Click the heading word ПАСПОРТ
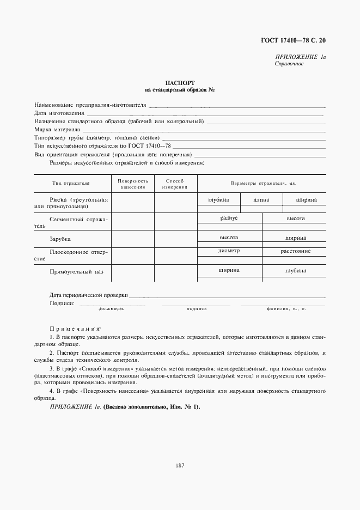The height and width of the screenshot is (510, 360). coord(180,83)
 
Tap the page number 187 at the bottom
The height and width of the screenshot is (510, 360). coord(180,465)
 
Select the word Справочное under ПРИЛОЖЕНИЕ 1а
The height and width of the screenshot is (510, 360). coord(289,64)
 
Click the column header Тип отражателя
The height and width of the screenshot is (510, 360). coord(71,184)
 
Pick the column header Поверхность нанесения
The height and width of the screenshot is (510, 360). coord(132,184)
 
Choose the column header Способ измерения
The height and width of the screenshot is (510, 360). coord(175,184)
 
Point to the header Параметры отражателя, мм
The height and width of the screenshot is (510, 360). coord(261,184)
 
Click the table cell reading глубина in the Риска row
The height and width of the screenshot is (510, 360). coord(219,200)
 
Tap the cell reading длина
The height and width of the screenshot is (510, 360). coord(262,200)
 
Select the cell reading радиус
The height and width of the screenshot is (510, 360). coord(229,218)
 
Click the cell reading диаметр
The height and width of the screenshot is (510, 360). coord(229,251)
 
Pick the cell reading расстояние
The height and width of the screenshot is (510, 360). coord(296,251)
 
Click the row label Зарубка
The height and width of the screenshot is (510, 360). coord(60,239)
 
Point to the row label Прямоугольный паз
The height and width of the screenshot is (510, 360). coord(76,271)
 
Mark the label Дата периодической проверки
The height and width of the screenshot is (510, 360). coord(89,295)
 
